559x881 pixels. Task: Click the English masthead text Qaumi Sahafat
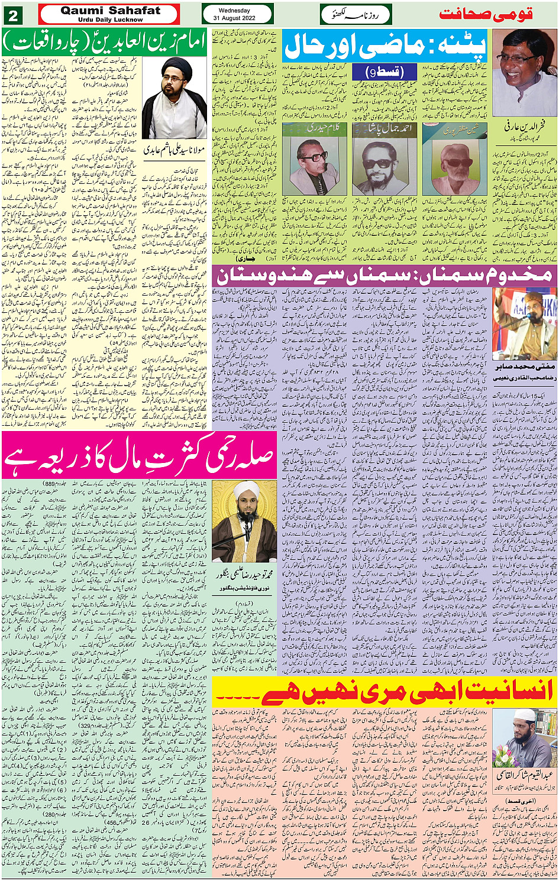pos(109,10)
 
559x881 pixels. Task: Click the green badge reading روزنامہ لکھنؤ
pos(356,14)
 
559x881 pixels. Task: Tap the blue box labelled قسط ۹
pos(385,72)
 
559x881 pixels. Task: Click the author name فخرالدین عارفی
pos(524,127)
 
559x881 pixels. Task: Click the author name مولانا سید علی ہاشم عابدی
pos(174,150)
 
